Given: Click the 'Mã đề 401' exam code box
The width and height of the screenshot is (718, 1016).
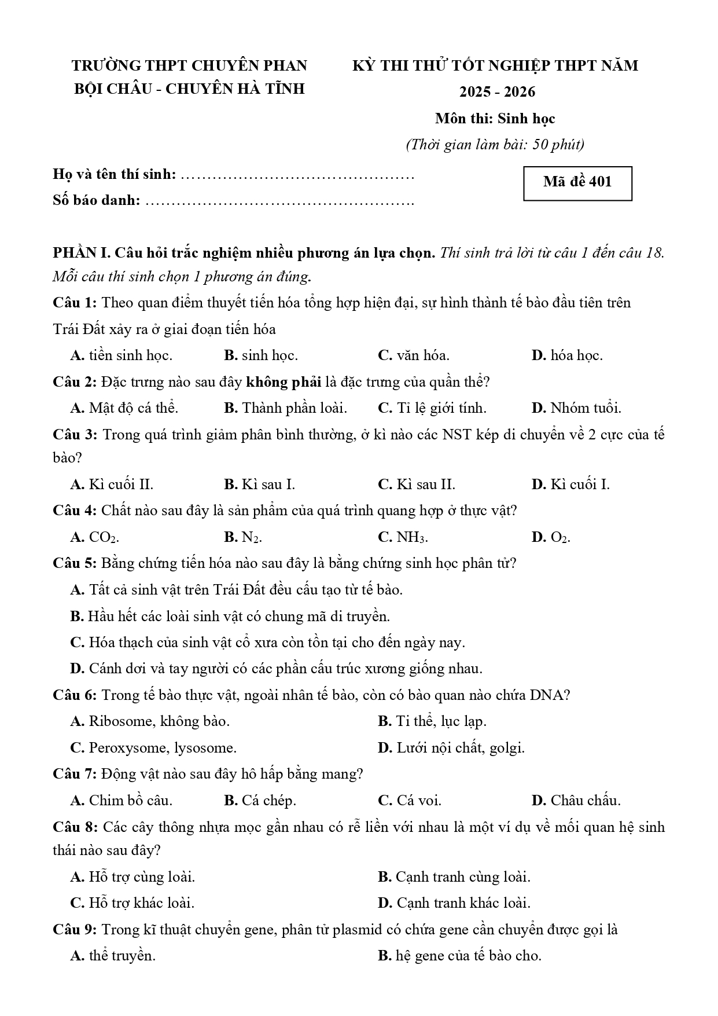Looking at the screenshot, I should (577, 182).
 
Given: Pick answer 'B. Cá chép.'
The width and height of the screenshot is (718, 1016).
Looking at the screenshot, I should (260, 801).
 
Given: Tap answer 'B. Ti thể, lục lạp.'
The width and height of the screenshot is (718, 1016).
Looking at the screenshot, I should (432, 721).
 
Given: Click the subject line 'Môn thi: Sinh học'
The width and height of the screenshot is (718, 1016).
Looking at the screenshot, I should (495, 119).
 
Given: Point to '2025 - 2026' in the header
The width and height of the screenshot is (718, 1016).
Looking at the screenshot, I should (497, 92).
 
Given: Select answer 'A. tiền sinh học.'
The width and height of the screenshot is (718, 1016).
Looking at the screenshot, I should (121, 355).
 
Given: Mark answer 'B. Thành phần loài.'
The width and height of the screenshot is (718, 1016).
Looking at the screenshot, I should (285, 408).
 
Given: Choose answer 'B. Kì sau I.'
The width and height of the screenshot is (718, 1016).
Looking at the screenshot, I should (259, 485).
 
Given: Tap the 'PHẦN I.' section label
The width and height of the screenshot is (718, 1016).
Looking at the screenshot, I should (81, 253).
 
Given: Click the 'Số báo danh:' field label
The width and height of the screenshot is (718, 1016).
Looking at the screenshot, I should (97, 200).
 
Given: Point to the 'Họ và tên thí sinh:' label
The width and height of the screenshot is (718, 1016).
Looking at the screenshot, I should (115, 174).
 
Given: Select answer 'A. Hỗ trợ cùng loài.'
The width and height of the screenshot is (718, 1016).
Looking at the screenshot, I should (132, 877).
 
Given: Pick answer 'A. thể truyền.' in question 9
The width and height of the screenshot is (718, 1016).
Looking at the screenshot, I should (113, 956).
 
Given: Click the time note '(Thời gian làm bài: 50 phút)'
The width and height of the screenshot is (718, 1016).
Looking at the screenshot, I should (495, 145).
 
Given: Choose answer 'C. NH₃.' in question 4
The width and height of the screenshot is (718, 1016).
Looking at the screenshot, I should (403, 537).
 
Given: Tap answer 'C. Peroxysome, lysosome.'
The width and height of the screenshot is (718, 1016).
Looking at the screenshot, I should (153, 748).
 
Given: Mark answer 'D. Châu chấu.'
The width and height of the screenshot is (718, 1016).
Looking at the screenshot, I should (576, 801).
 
